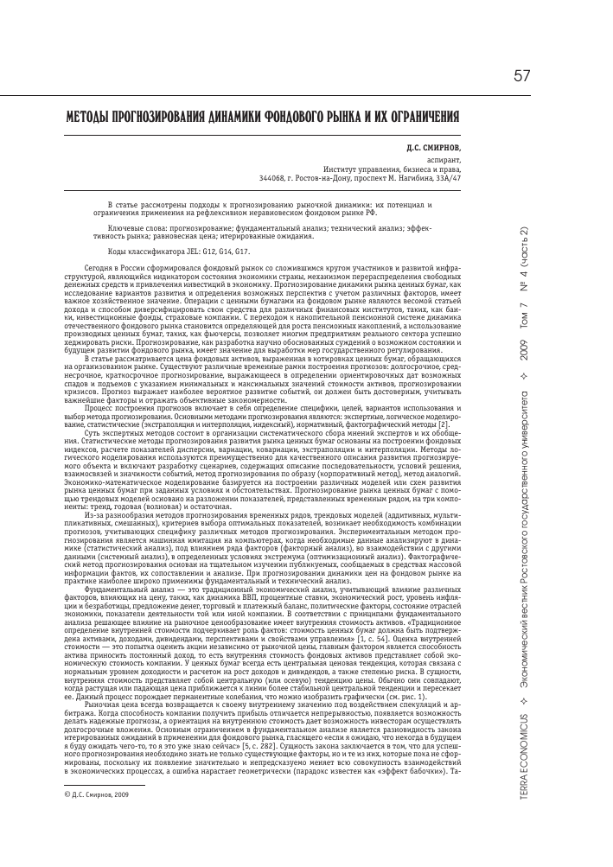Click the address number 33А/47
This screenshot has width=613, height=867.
tap(447, 179)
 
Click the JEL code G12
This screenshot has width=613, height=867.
tap(198, 251)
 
